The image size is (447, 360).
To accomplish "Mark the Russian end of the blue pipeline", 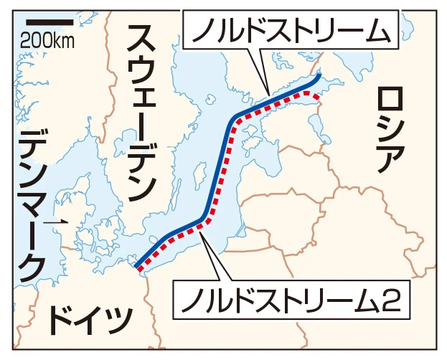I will (319, 74).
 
